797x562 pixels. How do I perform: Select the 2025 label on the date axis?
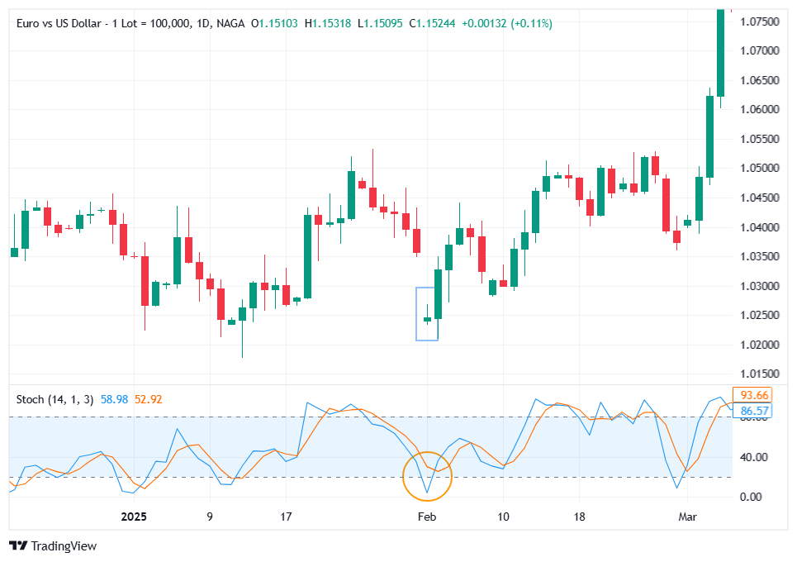point(133,517)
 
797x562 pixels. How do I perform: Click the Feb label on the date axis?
point(426,517)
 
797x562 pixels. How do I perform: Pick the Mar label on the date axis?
point(687,517)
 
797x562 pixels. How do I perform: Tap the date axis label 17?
point(285,517)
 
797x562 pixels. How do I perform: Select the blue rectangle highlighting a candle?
point(427,314)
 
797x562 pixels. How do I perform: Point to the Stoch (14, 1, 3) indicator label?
point(55,399)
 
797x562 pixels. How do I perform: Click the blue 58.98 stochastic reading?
point(114,399)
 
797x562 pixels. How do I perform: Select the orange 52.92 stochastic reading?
point(149,399)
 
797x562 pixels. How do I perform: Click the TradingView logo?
point(53,545)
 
